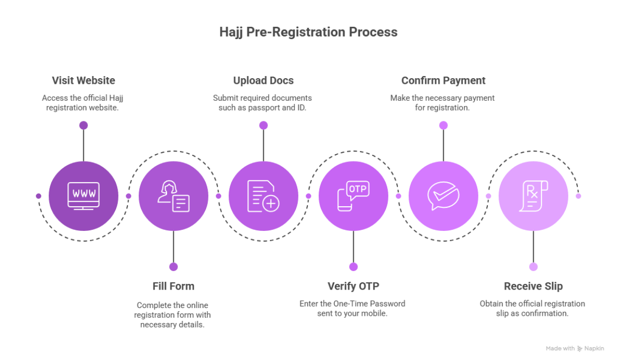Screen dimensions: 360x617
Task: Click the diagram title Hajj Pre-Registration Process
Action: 308,32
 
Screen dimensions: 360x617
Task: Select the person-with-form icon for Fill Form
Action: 174,196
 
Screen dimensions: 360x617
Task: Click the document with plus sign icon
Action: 263,196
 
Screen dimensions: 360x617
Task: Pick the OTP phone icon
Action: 353,196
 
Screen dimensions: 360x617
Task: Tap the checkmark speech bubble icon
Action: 443,196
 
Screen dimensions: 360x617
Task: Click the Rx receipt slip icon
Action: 533,196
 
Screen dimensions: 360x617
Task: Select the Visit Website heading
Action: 83,81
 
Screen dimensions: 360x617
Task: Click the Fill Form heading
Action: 173,286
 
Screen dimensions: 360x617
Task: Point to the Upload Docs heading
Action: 263,81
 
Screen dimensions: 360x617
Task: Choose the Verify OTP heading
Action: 353,286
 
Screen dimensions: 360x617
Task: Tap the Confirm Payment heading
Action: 443,81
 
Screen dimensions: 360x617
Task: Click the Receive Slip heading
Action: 533,286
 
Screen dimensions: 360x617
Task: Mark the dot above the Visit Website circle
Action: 83,125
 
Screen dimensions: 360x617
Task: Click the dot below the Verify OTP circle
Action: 353,266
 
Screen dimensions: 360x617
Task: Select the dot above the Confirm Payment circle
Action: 443,125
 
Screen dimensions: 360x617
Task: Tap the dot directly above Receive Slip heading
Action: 533,266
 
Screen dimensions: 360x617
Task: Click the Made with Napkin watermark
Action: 574,349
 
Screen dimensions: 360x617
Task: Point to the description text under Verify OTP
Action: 353,308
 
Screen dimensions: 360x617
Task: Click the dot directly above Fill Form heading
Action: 173,266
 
